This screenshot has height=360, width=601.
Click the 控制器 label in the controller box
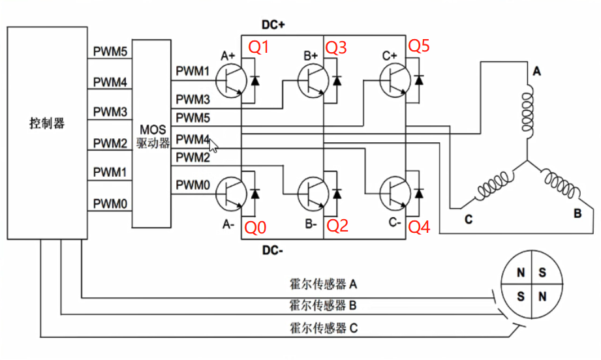coord(47,123)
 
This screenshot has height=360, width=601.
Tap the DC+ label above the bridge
coord(275,25)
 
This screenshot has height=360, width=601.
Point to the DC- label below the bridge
coord(275,250)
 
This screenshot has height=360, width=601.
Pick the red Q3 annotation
coord(337,47)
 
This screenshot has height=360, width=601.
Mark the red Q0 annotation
coord(255,226)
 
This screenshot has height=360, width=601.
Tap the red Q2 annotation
coord(337,226)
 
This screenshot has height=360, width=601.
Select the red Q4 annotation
coord(420,226)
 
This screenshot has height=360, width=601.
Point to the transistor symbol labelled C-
coord(395,194)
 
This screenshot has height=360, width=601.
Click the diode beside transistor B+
coord(337,81)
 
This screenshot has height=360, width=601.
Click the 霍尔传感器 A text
coord(323,284)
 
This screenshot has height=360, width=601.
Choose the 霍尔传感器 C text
coord(323,328)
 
